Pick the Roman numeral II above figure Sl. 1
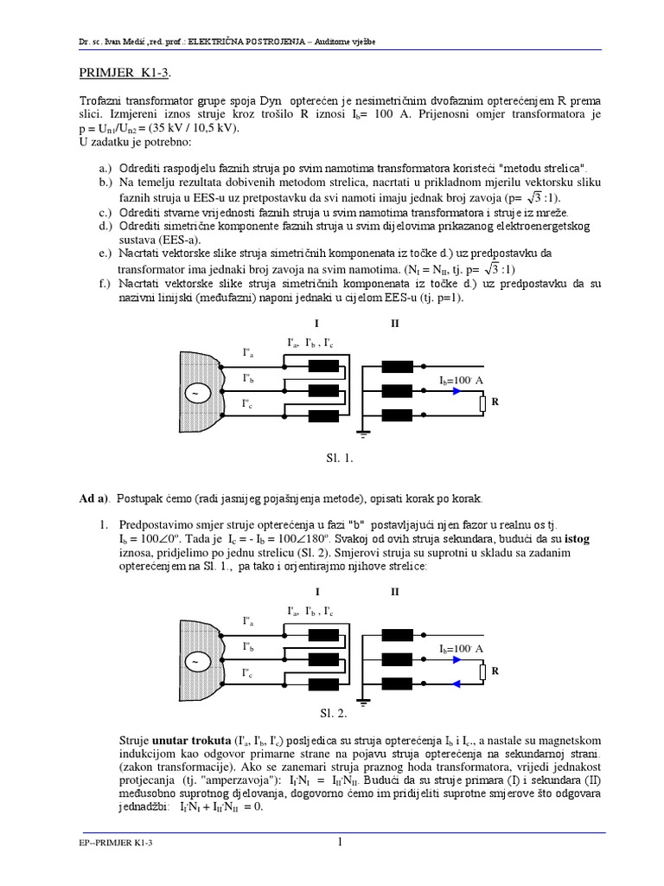click(394, 324)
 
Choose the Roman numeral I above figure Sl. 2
click(318, 592)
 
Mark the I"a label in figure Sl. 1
click(248, 352)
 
